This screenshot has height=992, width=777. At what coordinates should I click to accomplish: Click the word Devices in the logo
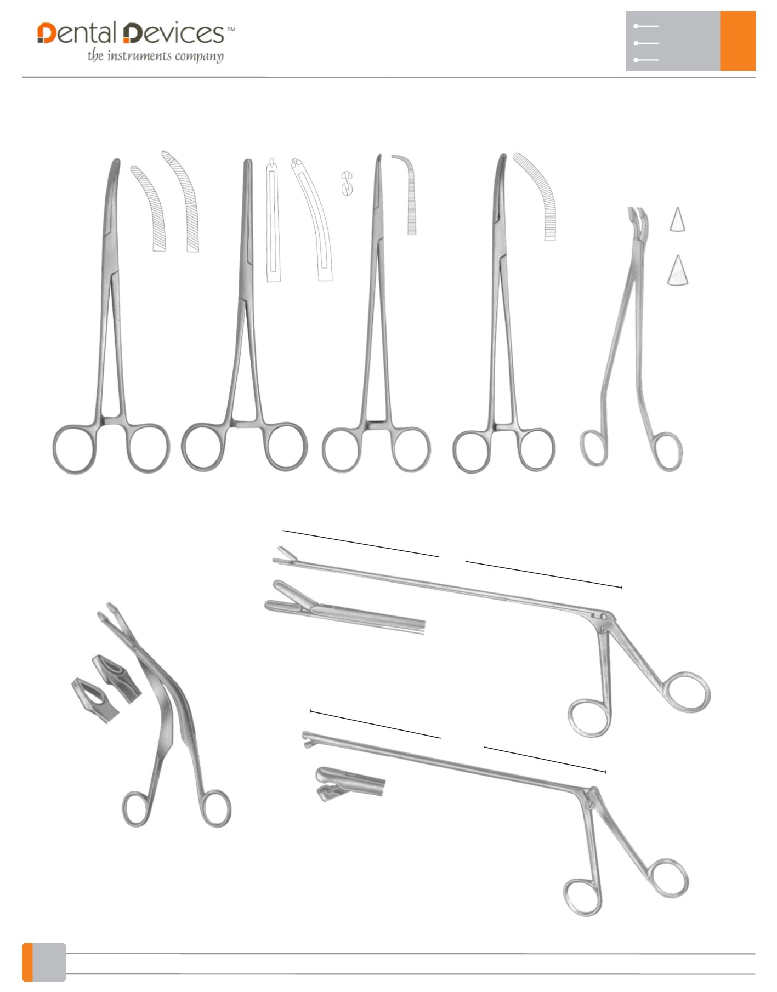pyautogui.click(x=173, y=33)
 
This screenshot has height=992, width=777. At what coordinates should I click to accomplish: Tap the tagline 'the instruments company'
pyautogui.click(x=156, y=56)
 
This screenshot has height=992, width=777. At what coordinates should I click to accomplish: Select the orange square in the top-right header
pyautogui.click(x=738, y=41)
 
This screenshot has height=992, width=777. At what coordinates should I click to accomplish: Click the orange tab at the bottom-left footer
pyautogui.click(x=27, y=962)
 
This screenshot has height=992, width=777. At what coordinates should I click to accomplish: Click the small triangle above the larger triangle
pyautogui.click(x=677, y=220)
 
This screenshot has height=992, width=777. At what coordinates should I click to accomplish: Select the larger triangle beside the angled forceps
pyautogui.click(x=678, y=271)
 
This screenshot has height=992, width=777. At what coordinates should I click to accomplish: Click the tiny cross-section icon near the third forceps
pyautogui.click(x=347, y=183)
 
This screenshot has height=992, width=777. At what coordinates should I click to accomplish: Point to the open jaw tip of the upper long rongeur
pyautogui.click(x=281, y=555)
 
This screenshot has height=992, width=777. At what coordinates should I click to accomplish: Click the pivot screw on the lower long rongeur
pyautogui.click(x=591, y=805)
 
